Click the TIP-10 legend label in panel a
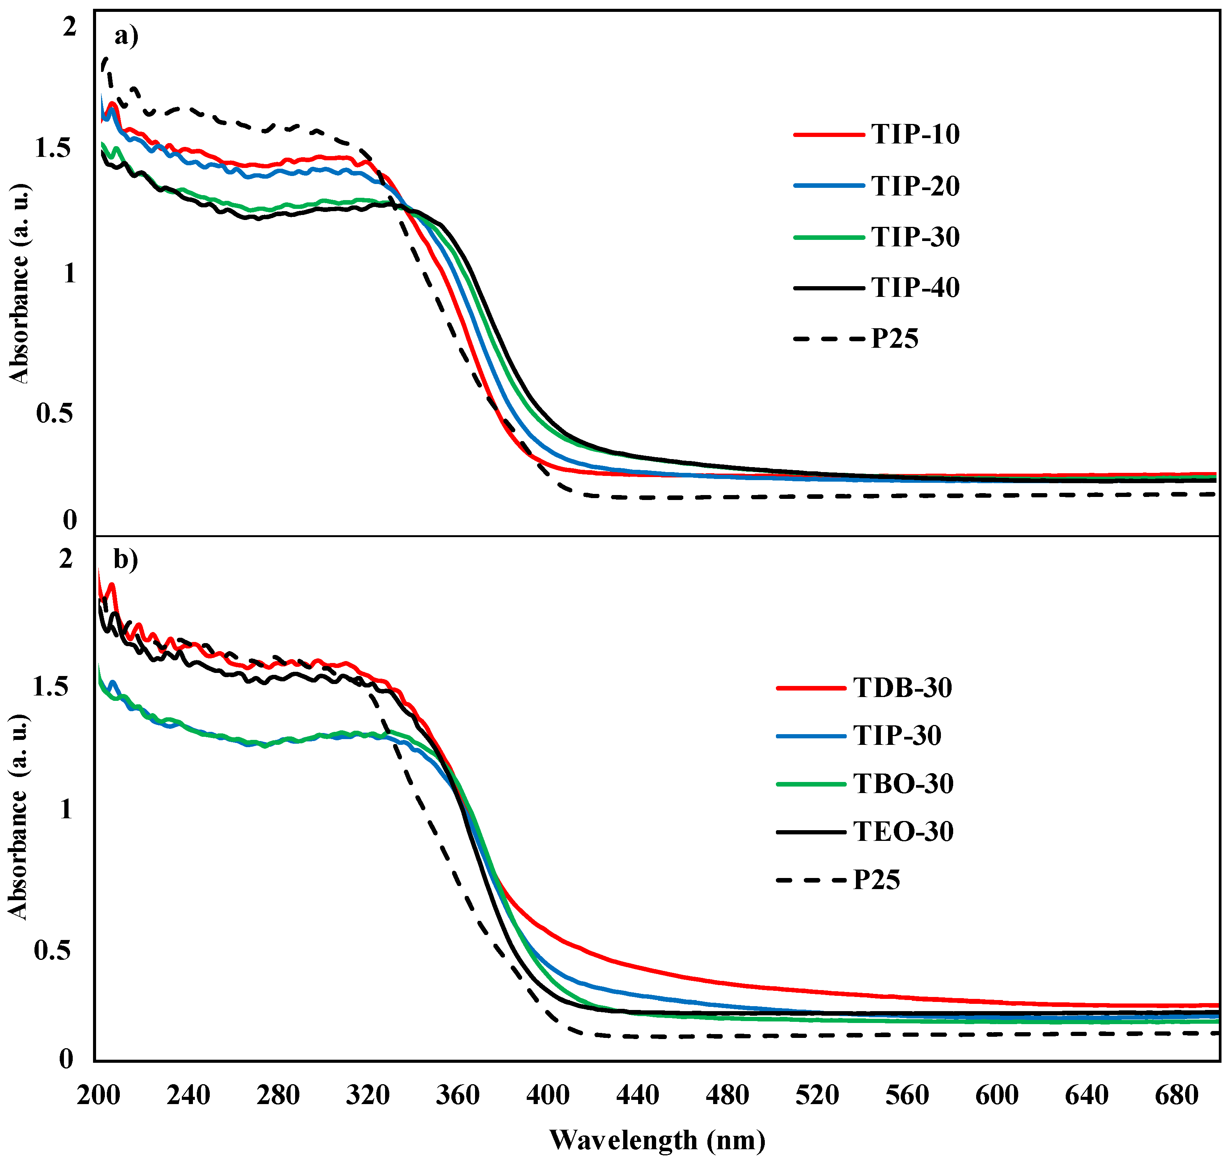coord(915,135)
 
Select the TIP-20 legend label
coord(915,186)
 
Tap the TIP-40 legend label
coord(915,288)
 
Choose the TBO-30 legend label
coord(903,783)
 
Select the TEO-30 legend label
coord(903,831)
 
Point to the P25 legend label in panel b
coord(876,880)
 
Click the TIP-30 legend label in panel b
coord(897,736)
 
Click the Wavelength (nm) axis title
coord(657,1139)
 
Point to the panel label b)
coord(125,559)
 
